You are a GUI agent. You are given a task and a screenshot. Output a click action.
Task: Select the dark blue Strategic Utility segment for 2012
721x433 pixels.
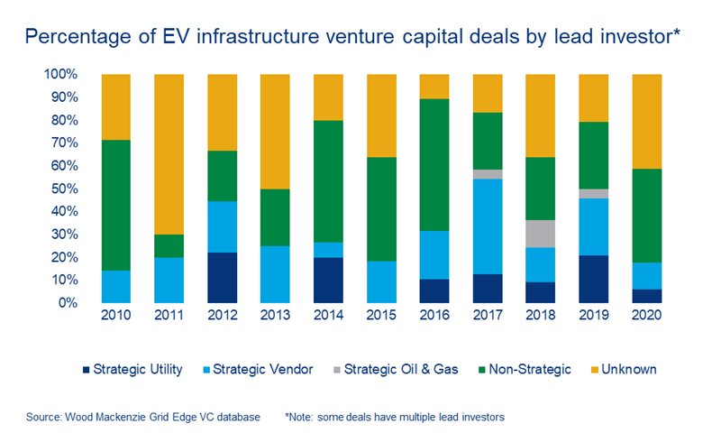222,278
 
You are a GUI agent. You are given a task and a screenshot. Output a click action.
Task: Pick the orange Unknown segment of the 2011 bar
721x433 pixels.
169,154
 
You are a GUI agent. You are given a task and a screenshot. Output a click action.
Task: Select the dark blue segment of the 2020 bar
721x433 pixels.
646,296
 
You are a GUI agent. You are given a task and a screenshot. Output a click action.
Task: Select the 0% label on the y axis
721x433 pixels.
66,303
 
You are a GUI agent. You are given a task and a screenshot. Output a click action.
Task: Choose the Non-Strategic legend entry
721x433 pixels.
528,369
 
